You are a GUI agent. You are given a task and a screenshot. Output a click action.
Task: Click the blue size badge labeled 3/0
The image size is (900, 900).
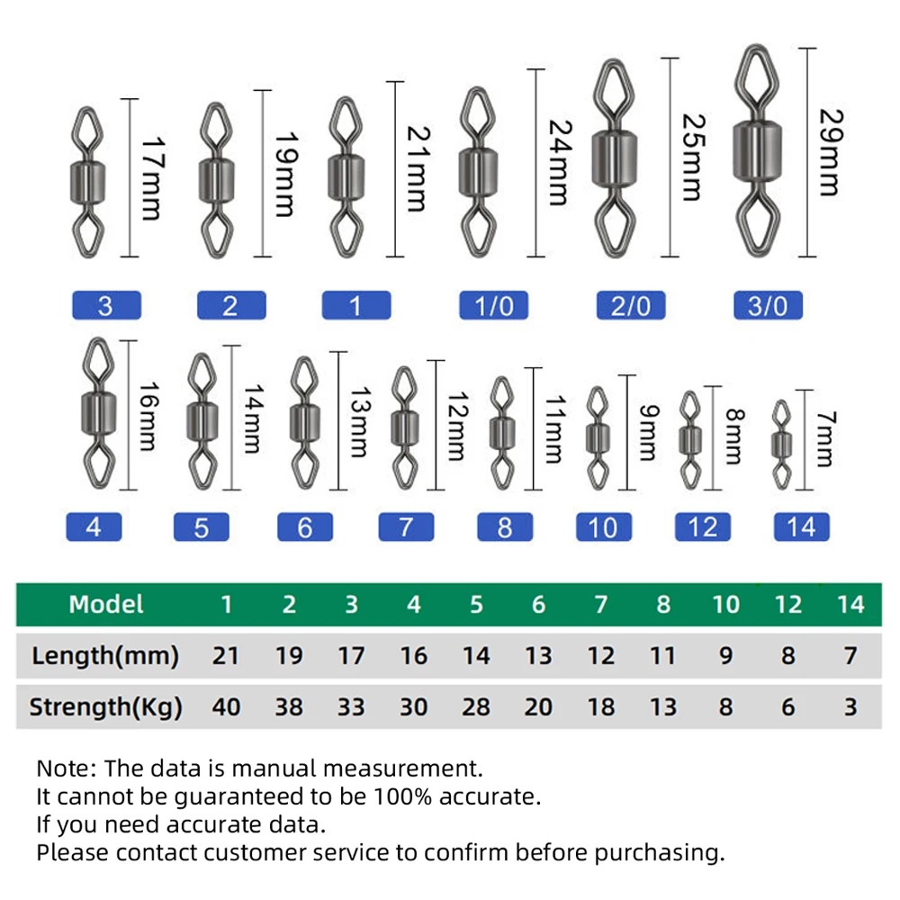point(768,306)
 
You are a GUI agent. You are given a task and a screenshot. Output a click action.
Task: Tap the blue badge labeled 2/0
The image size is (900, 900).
point(630,306)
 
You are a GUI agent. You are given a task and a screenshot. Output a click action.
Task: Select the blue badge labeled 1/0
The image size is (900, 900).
point(493,306)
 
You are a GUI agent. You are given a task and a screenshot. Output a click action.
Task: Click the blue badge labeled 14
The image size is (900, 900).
point(801,526)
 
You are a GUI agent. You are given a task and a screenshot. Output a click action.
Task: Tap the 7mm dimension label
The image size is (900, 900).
point(824,438)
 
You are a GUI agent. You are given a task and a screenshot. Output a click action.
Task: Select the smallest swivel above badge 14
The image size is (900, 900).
point(783,438)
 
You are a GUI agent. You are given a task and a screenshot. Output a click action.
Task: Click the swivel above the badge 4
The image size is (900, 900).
point(96,410)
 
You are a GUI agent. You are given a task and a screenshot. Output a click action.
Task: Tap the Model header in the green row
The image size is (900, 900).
point(106,604)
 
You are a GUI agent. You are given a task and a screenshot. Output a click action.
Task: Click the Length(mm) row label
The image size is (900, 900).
point(105,656)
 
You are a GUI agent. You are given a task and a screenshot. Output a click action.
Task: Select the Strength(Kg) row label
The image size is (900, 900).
point(105,707)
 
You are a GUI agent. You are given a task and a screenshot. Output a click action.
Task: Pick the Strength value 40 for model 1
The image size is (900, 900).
point(226,707)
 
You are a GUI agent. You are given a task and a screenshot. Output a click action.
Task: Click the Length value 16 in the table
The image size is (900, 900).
point(413,656)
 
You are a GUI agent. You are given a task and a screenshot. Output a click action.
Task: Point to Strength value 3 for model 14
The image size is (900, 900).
point(850,707)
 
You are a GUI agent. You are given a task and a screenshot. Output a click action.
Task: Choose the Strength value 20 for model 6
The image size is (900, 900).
point(538,707)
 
